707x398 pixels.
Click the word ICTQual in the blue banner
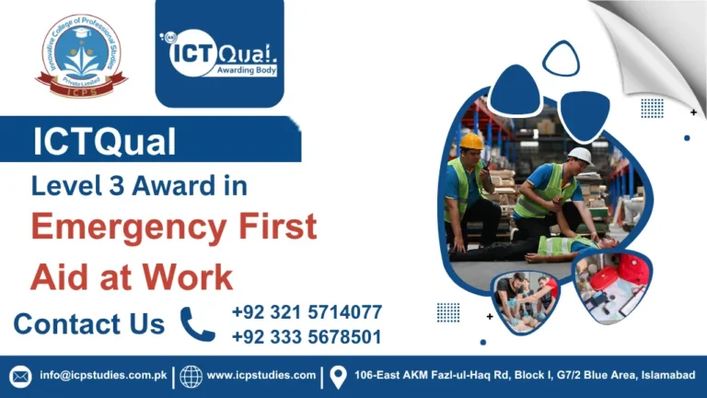[104, 143]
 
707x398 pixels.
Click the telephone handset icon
[198, 324]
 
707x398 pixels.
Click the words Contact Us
[89, 324]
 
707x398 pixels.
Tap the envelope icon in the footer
[20, 376]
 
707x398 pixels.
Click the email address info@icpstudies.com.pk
[102, 376]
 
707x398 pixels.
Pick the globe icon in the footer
[191, 376]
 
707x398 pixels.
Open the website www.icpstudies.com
[261, 376]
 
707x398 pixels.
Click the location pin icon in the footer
[338, 376]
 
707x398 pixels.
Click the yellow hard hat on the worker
[472, 141]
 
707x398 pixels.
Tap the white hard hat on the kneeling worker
[579, 155]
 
